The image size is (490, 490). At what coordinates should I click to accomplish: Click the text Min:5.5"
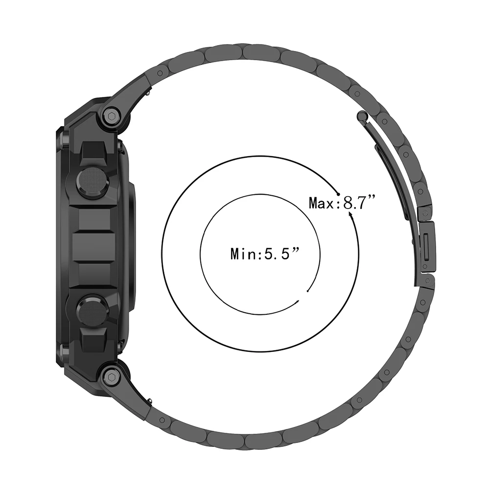[x=264, y=254]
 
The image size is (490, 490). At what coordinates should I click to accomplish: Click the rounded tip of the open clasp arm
[x=362, y=116]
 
